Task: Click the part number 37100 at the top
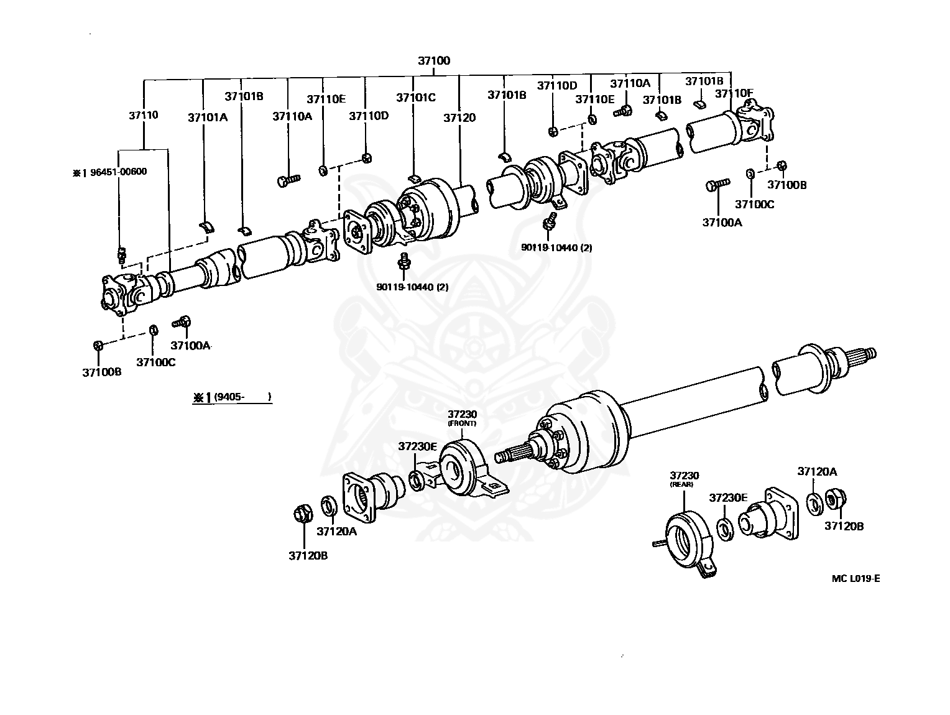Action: pos(433,61)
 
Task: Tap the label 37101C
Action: pos(416,97)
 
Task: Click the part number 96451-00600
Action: pos(110,172)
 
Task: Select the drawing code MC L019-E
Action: pos(855,579)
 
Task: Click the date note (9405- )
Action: pos(233,397)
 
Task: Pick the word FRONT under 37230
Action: pos(462,423)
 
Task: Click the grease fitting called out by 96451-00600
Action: pos(122,254)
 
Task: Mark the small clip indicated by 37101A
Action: pos(206,225)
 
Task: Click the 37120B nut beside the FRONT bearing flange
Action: pos(302,515)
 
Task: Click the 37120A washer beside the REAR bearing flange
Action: pos(813,502)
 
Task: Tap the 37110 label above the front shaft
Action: pos(144,115)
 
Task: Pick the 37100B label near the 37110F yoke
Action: pos(786,185)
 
